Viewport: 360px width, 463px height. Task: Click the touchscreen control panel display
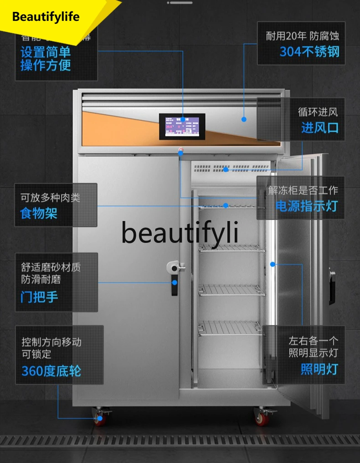coord(182,127)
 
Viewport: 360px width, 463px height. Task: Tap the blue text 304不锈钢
coord(309,51)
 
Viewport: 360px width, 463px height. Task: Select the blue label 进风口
coord(319,128)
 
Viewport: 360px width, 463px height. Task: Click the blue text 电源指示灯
coord(306,206)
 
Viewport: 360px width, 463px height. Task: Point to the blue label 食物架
coord(39,213)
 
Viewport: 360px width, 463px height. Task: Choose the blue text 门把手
coord(39,297)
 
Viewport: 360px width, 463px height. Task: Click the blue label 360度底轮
coord(51,371)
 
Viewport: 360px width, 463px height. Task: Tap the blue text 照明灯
coord(319,369)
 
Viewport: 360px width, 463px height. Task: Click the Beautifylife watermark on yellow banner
coord(46,17)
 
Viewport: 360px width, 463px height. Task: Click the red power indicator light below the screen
coord(180,149)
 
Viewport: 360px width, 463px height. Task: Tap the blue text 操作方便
coord(46,66)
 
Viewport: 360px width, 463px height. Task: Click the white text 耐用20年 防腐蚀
coord(303,36)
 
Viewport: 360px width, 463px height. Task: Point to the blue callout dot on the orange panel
coord(244,119)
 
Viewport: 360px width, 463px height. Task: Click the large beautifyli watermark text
coord(180,232)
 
